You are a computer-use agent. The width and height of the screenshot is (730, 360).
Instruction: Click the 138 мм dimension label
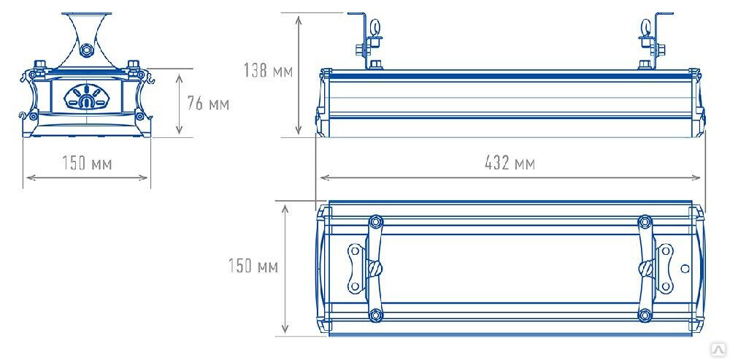click(268, 70)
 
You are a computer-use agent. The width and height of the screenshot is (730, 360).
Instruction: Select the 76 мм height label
click(208, 104)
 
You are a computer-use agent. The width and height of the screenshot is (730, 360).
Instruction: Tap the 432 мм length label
click(510, 163)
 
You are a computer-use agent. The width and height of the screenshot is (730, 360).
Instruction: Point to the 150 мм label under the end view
click(87, 163)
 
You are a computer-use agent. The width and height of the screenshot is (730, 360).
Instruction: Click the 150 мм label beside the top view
click(253, 266)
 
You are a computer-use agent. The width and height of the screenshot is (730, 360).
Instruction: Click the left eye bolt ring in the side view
click(374, 27)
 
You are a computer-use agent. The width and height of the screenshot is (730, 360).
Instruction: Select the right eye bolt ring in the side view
click(646, 27)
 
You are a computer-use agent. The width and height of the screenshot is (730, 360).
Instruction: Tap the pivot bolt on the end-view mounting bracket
click(85, 49)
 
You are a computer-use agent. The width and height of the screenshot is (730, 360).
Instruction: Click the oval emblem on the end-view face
click(87, 97)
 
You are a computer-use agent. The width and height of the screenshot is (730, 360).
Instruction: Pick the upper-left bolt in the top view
click(375, 222)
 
